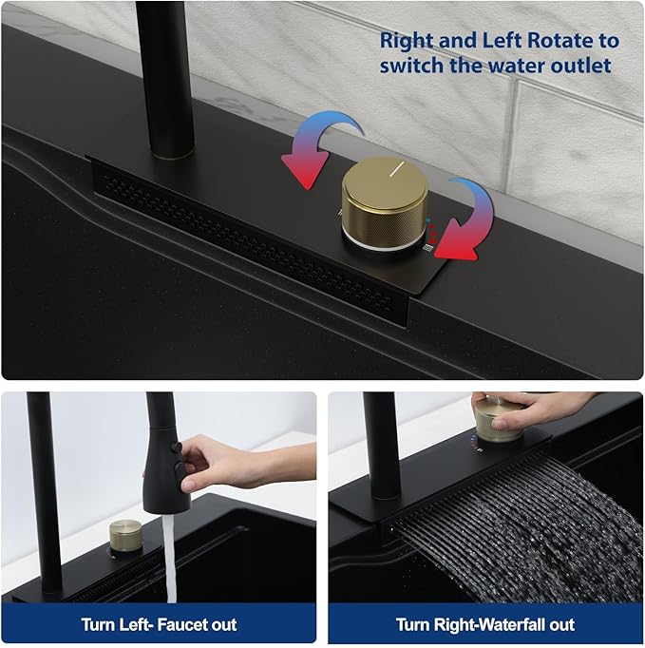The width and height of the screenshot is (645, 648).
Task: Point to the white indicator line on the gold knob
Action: coord(397,168)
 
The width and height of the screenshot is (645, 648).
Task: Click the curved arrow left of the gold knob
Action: coord(321,148)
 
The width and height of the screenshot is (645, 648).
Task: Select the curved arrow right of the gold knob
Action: coord(464,220)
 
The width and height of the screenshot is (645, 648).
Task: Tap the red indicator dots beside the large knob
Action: coord(432,233)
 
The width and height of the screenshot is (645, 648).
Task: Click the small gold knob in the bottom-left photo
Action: coord(125,537)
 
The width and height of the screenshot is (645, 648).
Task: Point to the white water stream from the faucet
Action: coord(169,558)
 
